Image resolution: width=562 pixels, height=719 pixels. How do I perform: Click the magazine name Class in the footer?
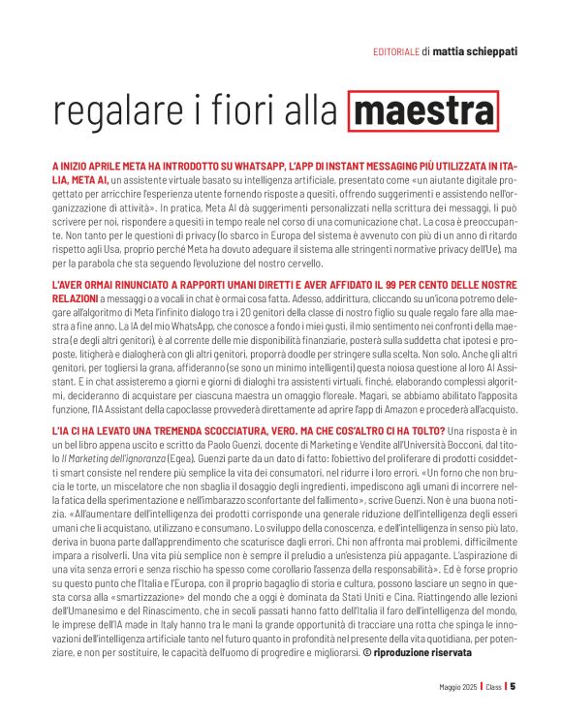(494, 686)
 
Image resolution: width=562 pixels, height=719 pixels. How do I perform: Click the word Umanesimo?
(99, 601)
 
